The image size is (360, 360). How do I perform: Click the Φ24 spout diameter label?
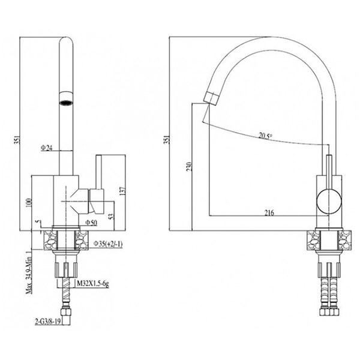coord(47,148)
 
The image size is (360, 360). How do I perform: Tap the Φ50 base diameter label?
coord(91,222)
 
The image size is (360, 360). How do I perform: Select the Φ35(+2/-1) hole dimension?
coord(108,244)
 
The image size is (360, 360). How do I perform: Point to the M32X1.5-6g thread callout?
coord(93,284)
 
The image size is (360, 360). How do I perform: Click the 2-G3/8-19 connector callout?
coord(48,322)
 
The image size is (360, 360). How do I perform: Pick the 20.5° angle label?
coord(265,136)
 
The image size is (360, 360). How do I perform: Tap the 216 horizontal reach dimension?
coord(269,212)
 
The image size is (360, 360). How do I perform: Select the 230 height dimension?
coord(189,167)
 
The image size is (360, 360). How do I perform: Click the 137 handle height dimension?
coord(123,191)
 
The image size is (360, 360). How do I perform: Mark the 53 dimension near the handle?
coord(111,216)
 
